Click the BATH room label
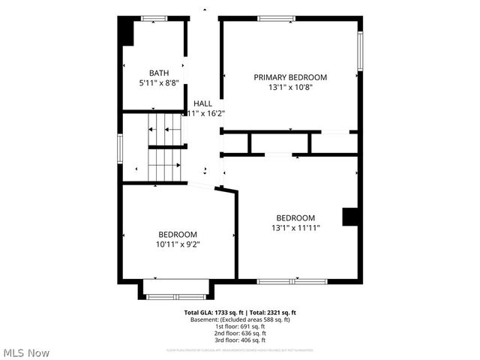click(158, 73)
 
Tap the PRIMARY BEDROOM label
click(290, 77)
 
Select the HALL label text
click(202, 103)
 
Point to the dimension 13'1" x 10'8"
click(290, 87)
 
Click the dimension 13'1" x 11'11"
click(295, 228)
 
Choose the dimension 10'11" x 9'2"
click(177, 243)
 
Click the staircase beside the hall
click(166, 147)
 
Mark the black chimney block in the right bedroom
click(350, 217)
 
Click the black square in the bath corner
click(127, 32)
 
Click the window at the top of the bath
click(154, 18)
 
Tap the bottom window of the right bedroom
click(292, 281)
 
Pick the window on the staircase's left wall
click(120, 147)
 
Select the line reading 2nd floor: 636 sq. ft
click(240, 333)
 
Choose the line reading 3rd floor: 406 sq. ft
click(240, 340)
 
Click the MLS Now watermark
click(27, 352)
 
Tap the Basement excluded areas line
click(240, 319)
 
